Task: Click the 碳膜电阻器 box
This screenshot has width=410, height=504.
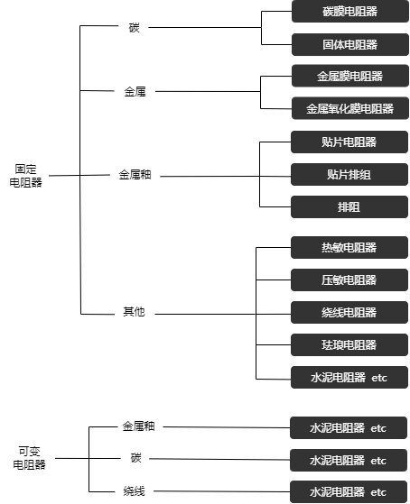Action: pos(350,11)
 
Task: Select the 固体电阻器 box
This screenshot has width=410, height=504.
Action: pos(350,44)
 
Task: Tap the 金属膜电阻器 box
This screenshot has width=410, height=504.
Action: pos(350,76)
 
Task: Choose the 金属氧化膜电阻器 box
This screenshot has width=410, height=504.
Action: pos(350,108)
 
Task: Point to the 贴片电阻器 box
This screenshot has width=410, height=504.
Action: pos(349,142)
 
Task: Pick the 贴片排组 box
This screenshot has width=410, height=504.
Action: pos(349,175)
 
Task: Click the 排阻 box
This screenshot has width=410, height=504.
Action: pos(349,206)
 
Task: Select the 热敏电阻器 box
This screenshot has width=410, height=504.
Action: pos(349,247)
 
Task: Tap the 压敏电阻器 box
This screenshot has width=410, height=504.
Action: pos(349,279)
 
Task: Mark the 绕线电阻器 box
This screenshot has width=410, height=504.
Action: pos(349,312)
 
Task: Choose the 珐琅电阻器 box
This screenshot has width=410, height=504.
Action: pos(349,344)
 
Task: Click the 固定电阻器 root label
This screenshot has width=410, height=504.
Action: pos(26,176)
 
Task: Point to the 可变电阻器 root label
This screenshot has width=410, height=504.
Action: pos(29,458)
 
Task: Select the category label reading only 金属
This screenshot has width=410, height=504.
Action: pos(135,92)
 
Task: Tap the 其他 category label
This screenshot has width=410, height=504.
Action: pos(134,311)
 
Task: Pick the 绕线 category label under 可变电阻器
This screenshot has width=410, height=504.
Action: pos(134,490)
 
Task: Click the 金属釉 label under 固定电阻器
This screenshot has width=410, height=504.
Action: pos(135,175)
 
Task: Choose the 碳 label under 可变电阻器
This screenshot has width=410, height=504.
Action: pos(135,457)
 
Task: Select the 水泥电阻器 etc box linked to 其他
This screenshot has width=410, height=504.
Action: pos(349,378)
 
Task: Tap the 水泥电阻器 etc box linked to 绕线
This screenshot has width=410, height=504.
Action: pos(349,491)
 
